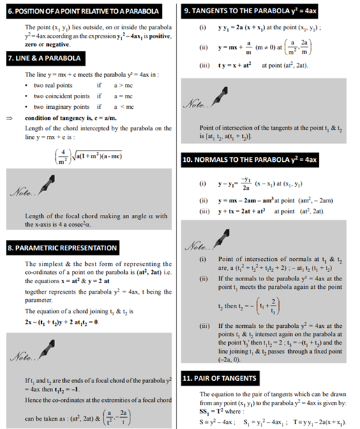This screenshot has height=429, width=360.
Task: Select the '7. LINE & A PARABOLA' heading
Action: pos(44,59)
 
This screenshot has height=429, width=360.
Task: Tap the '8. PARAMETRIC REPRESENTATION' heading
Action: pos(62,248)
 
